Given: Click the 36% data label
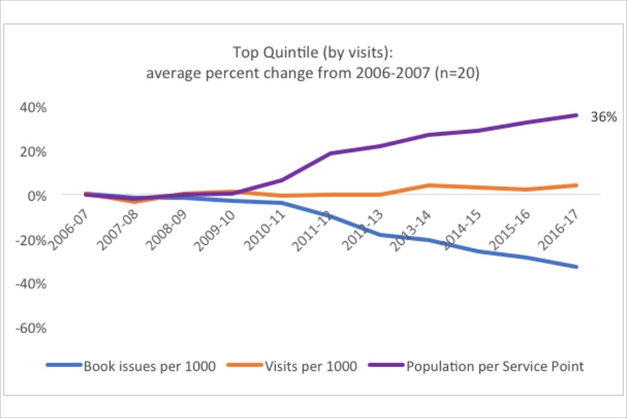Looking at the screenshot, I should [603, 118].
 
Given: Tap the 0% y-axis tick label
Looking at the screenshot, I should [35, 195].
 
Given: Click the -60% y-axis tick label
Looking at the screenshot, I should [30, 328].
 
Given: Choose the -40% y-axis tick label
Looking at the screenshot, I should [30, 283].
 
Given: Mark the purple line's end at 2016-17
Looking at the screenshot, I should [576, 116].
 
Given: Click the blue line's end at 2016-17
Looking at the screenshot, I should [576, 266].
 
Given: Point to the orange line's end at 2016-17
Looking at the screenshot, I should [576, 185].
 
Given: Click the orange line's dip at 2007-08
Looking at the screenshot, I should [135, 202].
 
